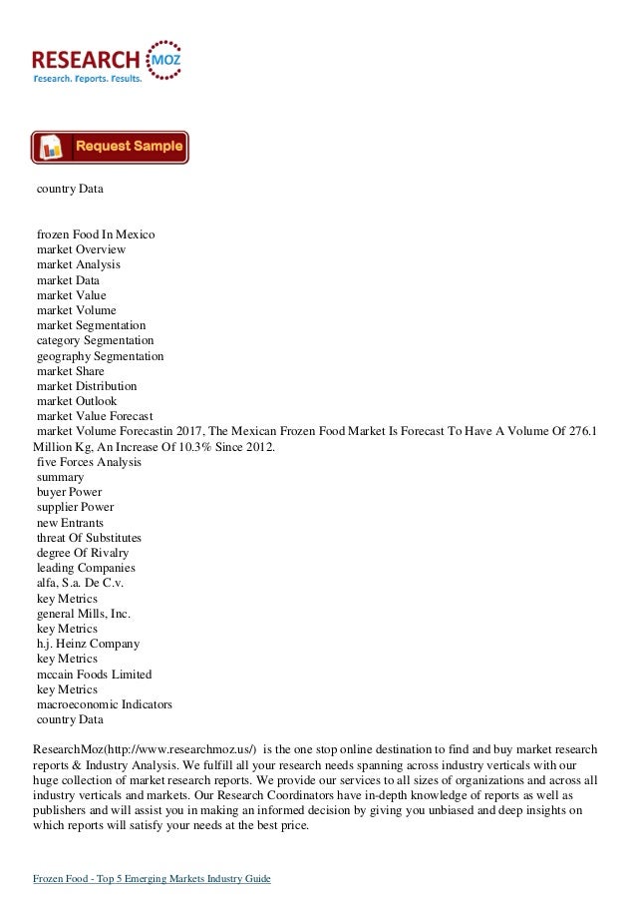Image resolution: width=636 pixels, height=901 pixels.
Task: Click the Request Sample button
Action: point(110,147)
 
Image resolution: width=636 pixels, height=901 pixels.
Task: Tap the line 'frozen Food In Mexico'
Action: point(96,233)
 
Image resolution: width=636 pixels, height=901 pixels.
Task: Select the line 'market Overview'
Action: point(81,249)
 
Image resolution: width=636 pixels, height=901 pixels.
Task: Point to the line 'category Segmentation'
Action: point(95,341)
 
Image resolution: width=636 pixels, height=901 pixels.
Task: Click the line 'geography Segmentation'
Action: point(101,356)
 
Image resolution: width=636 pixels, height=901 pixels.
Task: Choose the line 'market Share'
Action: point(70,371)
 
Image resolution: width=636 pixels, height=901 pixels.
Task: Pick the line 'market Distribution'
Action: point(87,386)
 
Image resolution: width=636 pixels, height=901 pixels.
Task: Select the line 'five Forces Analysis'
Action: point(89,463)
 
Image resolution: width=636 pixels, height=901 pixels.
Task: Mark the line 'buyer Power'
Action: point(69,493)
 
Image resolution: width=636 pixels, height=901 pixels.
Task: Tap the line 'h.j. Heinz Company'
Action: point(88,645)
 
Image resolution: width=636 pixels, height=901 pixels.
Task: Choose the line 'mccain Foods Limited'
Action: point(94,675)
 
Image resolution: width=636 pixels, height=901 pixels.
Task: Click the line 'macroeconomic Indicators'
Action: point(104,704)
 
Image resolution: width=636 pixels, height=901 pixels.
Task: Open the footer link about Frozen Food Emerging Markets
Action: point(153,878)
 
